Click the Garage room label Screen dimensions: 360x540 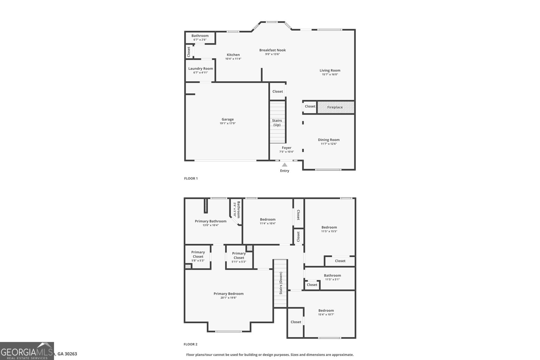coord(227,119)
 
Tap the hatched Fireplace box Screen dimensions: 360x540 coord(335,107)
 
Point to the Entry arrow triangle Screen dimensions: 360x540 coord(285,165)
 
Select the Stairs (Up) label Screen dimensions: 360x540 coord(277,123)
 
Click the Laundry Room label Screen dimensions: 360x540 coord(200,68)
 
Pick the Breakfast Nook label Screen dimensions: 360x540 coord(272,50)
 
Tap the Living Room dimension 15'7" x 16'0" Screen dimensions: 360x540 coord(330,75)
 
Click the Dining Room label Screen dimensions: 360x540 coord(329,140)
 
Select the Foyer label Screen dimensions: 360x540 coord(287,148)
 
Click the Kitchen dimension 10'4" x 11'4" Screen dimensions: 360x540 coord(233,59)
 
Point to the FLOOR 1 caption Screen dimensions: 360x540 coord(191,178)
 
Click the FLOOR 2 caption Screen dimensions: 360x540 coord(190,344)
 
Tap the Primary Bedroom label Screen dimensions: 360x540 coord(228,294)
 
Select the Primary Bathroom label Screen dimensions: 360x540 coord(211,221)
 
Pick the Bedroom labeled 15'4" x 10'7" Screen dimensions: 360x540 coord(326,310)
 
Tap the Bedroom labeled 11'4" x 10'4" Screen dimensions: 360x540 coord(268,219)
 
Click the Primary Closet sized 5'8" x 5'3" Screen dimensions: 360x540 coord(198,254)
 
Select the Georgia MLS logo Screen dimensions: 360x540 coord(27,351)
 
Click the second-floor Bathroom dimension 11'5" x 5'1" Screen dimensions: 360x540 coord(332,279)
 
